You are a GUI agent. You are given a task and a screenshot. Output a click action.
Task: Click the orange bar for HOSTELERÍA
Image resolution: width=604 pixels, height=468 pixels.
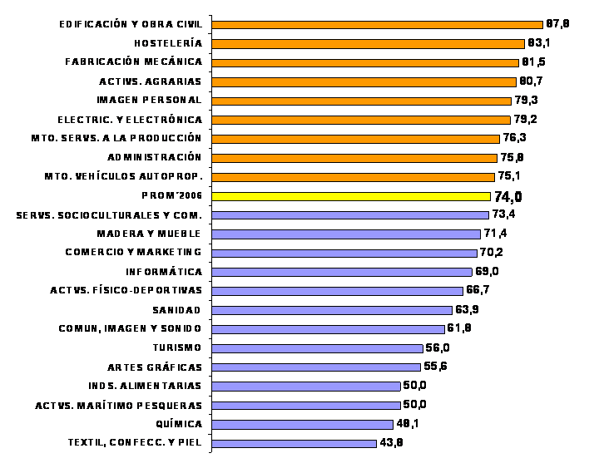pyautogui.click(x=368, y=43)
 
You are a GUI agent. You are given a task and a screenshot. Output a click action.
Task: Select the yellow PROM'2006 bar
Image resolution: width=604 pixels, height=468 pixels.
pyautogui.click(x=350, y=196)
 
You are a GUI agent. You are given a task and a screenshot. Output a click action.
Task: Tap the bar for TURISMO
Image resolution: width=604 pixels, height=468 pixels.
pyautogui.click(x=317, y=348)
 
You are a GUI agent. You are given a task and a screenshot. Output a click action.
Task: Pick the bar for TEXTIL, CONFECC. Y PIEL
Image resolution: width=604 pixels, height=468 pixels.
pyautogui.click(x=294, y=443)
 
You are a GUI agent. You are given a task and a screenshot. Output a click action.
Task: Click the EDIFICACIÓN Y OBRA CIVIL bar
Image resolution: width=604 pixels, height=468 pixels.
pyautogui.click(x=377, y=24)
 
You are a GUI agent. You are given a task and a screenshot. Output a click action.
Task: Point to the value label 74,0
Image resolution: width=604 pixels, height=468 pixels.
pyautogui.click(x=508, y=197)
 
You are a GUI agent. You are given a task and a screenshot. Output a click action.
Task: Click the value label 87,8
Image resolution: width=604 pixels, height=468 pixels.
pyautogui.click(x=557, y=24)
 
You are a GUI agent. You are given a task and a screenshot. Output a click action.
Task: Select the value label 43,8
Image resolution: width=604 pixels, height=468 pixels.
pyautogui.click(x=392, y=443)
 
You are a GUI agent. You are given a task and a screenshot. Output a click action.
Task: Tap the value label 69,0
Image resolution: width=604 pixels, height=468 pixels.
pyautogui.click(x=487, y=272)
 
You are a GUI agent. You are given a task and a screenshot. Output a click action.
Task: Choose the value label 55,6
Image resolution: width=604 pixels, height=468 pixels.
pyautogui.click(x=436, y=367)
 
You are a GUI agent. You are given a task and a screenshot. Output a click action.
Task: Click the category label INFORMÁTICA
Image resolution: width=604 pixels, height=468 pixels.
pyautogui.click(x=164, y=272)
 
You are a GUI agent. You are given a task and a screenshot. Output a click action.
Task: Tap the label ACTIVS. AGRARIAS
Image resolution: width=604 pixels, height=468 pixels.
pyautogui.click(x=150, y=81)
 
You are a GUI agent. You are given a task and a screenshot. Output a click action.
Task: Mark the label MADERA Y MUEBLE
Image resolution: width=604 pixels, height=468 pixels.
pyautogui.click(x=149, y=234)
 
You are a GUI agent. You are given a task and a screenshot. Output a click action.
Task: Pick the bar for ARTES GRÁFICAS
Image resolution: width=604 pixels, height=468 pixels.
pyautogui.click(x=316, y=367)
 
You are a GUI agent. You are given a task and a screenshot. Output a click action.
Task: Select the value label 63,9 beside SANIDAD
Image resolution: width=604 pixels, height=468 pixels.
pyautogui.click(x=467, y=310)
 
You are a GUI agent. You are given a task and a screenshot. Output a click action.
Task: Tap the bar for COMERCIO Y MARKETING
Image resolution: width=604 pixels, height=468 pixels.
pyautogui.click(x=344, y=253)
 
